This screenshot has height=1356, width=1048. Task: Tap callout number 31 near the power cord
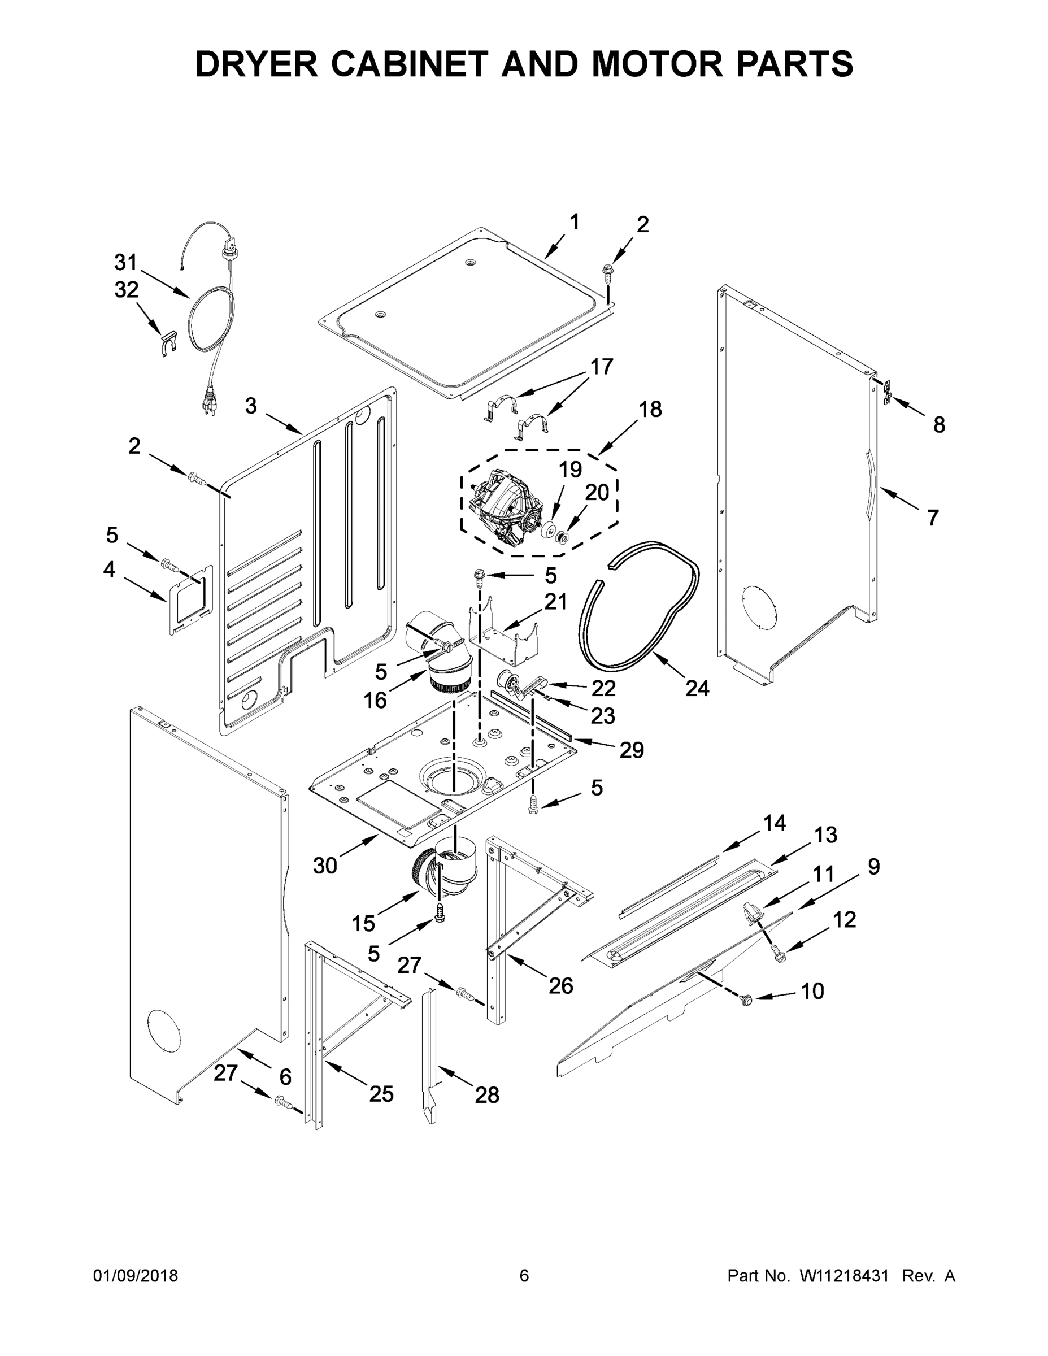(x=125, y=263)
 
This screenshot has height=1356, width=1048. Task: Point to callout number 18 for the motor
(x=650, y=409)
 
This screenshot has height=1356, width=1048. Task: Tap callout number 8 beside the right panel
(x=939, y=425)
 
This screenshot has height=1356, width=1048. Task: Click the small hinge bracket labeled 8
(x=889, y=393)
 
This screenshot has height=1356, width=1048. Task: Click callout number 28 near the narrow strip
(x=487, y=1095)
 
